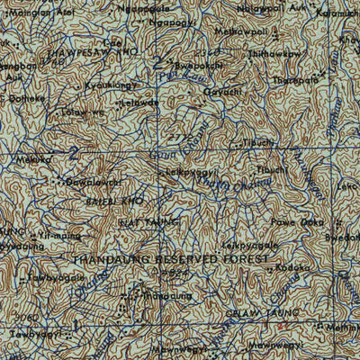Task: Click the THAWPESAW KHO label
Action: click(64, 53)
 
